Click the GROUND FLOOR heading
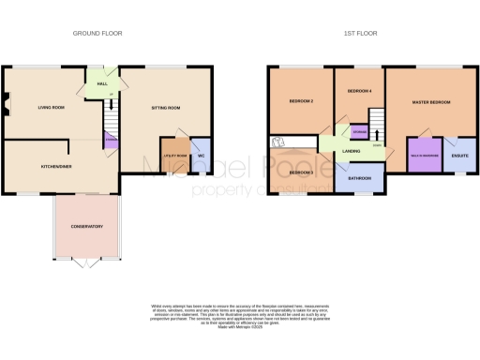[x=98, y=33]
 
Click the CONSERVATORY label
[x=86, y=227]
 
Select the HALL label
[x=102, y=82]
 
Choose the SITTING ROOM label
[x=166, y=109]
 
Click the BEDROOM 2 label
[x=299, y=101]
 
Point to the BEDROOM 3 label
[x=301, y=172]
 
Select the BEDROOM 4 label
[x=359, y=91]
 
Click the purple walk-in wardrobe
[x=423, y=156]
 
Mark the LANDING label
[x=352, y=150]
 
